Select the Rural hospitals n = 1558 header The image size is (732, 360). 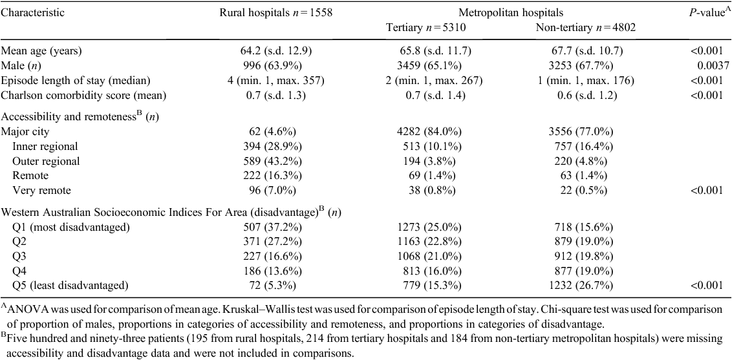pyautogui.click(x=275, y=12)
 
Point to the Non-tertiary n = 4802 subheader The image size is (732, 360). pyautogui.click(x=585, y=28)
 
